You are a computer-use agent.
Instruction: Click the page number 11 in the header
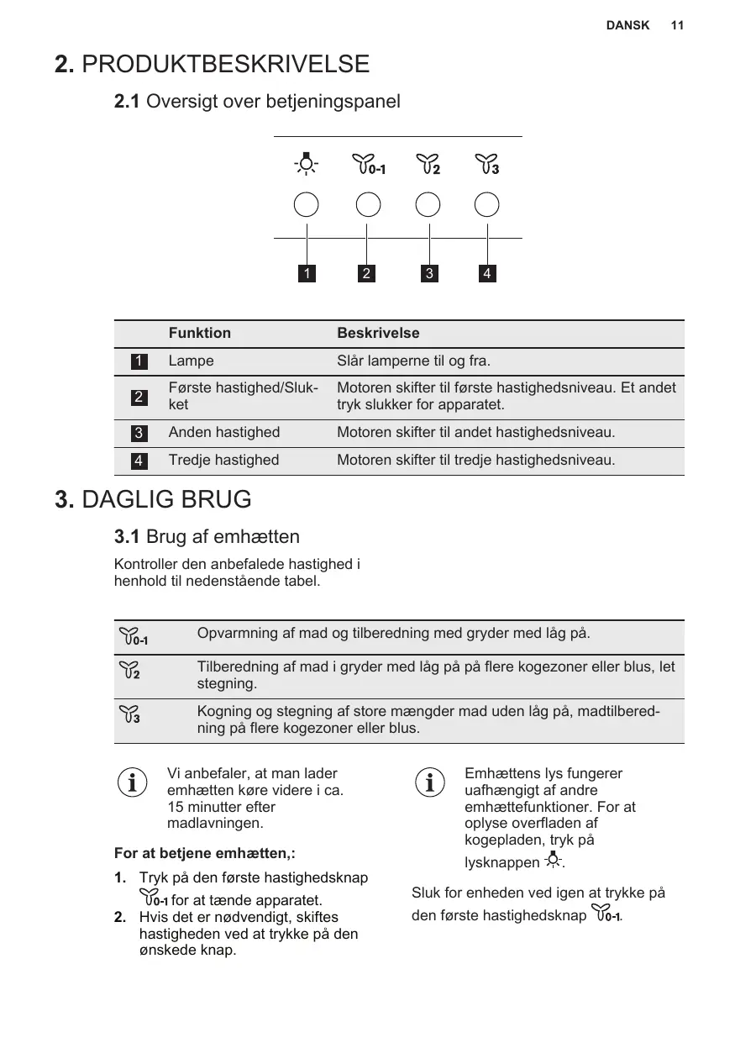pos(677,25)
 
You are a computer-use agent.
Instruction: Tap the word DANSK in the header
pos(627,25)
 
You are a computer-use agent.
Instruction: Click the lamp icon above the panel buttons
pos(307,164)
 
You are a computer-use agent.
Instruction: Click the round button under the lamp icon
pos(307,205)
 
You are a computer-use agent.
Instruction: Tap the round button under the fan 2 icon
pos(428,205)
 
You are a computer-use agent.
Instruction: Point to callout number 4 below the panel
pos(487,273)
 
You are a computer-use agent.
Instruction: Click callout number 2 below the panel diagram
pos(366,273)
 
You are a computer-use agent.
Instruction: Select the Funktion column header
pos(200,333)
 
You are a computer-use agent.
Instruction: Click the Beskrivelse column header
pos(378,333)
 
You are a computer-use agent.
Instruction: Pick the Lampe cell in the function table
pos(192,361)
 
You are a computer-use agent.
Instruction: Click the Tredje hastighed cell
pos(223,460)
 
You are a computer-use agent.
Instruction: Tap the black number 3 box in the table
pos(139,434)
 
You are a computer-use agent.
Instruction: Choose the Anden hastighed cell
pos(224,432)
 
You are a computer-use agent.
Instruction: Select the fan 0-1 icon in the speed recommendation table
pos(134,637)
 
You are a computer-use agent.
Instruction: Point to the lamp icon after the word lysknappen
pos(554,860)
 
